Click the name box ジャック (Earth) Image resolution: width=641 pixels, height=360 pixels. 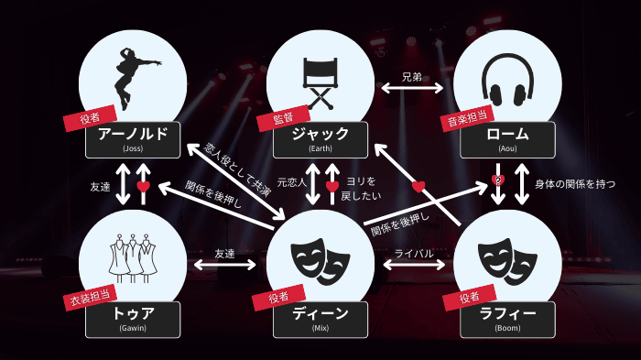coord(320,138)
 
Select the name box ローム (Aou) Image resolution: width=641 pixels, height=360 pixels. coord(508,138)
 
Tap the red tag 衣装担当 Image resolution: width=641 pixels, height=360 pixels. coord(90,296)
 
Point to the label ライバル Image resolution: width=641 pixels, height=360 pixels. coord(413,253)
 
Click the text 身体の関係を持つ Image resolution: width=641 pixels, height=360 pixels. coord(575,183)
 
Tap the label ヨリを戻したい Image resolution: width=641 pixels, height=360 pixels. coord(362,188)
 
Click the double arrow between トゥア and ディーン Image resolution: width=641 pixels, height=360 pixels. coord(224,267)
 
